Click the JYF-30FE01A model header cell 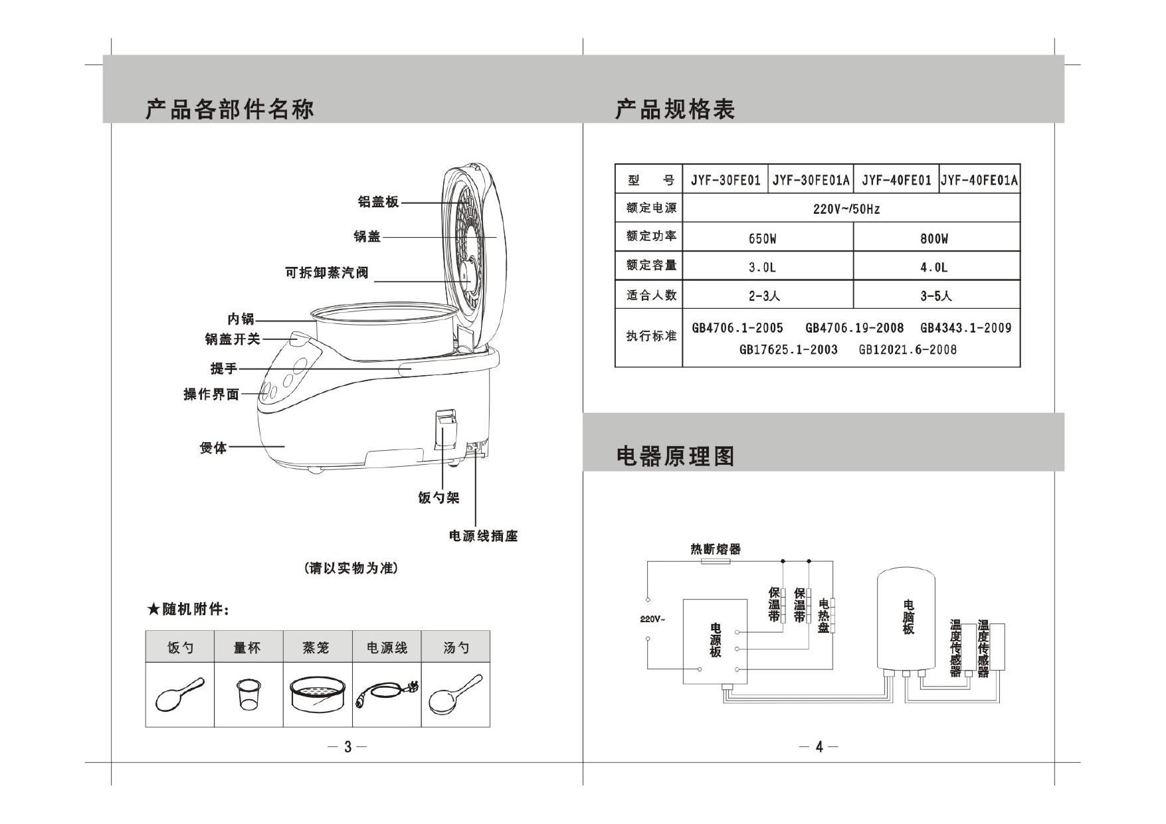click(x=811, y=180)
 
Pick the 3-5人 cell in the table click(x=935, y=296)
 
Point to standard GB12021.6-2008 click(x=908, y=350)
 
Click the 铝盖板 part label click(x=378, y=202)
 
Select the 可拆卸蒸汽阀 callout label click(x=326, y=273)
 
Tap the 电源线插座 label click(x=483, y=536)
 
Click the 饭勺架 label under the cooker click(x=438, y=497)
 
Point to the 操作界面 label click(x=211, y=394)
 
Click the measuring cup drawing click(x=247, y=694)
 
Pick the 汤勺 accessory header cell click(x=456, y=647)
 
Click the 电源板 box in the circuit click(x=715, y=641)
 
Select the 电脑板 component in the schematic click(x=908, y=618)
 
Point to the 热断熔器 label click(x=716, y=549)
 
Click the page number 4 click(x=819, y=747)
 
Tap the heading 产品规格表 click(x=675, y=110)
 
